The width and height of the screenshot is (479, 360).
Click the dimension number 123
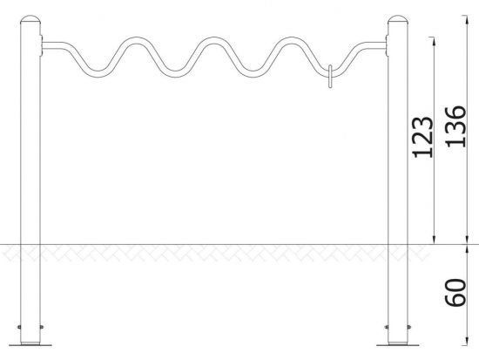422,137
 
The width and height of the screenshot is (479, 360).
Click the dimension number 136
455,126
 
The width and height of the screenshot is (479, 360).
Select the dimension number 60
455,292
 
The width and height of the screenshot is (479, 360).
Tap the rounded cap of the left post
30,19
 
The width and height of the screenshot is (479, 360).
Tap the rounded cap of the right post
398,19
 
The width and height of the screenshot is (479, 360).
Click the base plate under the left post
30,344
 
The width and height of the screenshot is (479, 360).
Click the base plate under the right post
398,344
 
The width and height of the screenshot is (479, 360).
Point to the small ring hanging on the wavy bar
330,76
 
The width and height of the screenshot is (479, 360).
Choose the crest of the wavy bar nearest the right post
288,40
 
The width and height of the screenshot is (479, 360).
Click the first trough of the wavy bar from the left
98,74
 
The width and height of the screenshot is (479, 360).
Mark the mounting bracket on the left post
41,45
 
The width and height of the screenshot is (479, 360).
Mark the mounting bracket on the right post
387,45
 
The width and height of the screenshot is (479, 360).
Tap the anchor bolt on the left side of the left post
19,327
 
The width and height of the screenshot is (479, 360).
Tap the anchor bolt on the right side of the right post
409,327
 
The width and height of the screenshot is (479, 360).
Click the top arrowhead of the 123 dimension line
434,42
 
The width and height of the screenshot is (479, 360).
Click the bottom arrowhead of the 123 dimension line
434,239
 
